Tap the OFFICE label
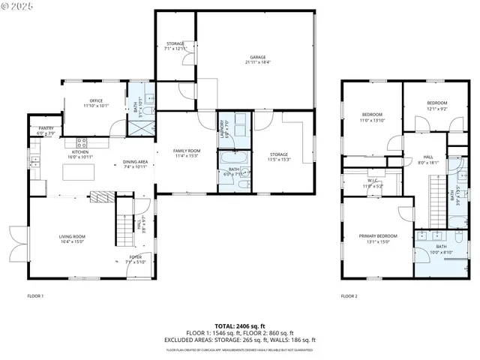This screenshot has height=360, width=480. pyautogui.click(x=95, y=100)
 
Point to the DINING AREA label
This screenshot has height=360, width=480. pyautogui.click(x=136, y=162)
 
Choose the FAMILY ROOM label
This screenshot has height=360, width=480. pyautogui.click(x=187, y=151)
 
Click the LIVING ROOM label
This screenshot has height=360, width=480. pyautogui.click(x=73, y=237)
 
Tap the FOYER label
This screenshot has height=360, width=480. pyautogui.click(x=133, y=256)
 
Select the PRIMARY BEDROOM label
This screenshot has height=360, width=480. pyautogui.click(x=377, y=236)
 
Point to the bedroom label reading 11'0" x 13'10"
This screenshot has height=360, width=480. pyautogui.click(x=372, y=115)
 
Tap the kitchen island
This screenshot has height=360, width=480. pyautogui.click(x=79, y=172)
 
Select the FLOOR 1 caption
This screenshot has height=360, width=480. pyautogui.click(x=35, y=296)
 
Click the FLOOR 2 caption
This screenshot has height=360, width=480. pyautogui.click(x=349, y=296)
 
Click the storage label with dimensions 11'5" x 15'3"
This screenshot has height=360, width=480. pyautogui.click(x=279, y=154)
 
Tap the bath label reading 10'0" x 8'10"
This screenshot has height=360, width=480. pyautogui.click(x=441, y=247)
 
